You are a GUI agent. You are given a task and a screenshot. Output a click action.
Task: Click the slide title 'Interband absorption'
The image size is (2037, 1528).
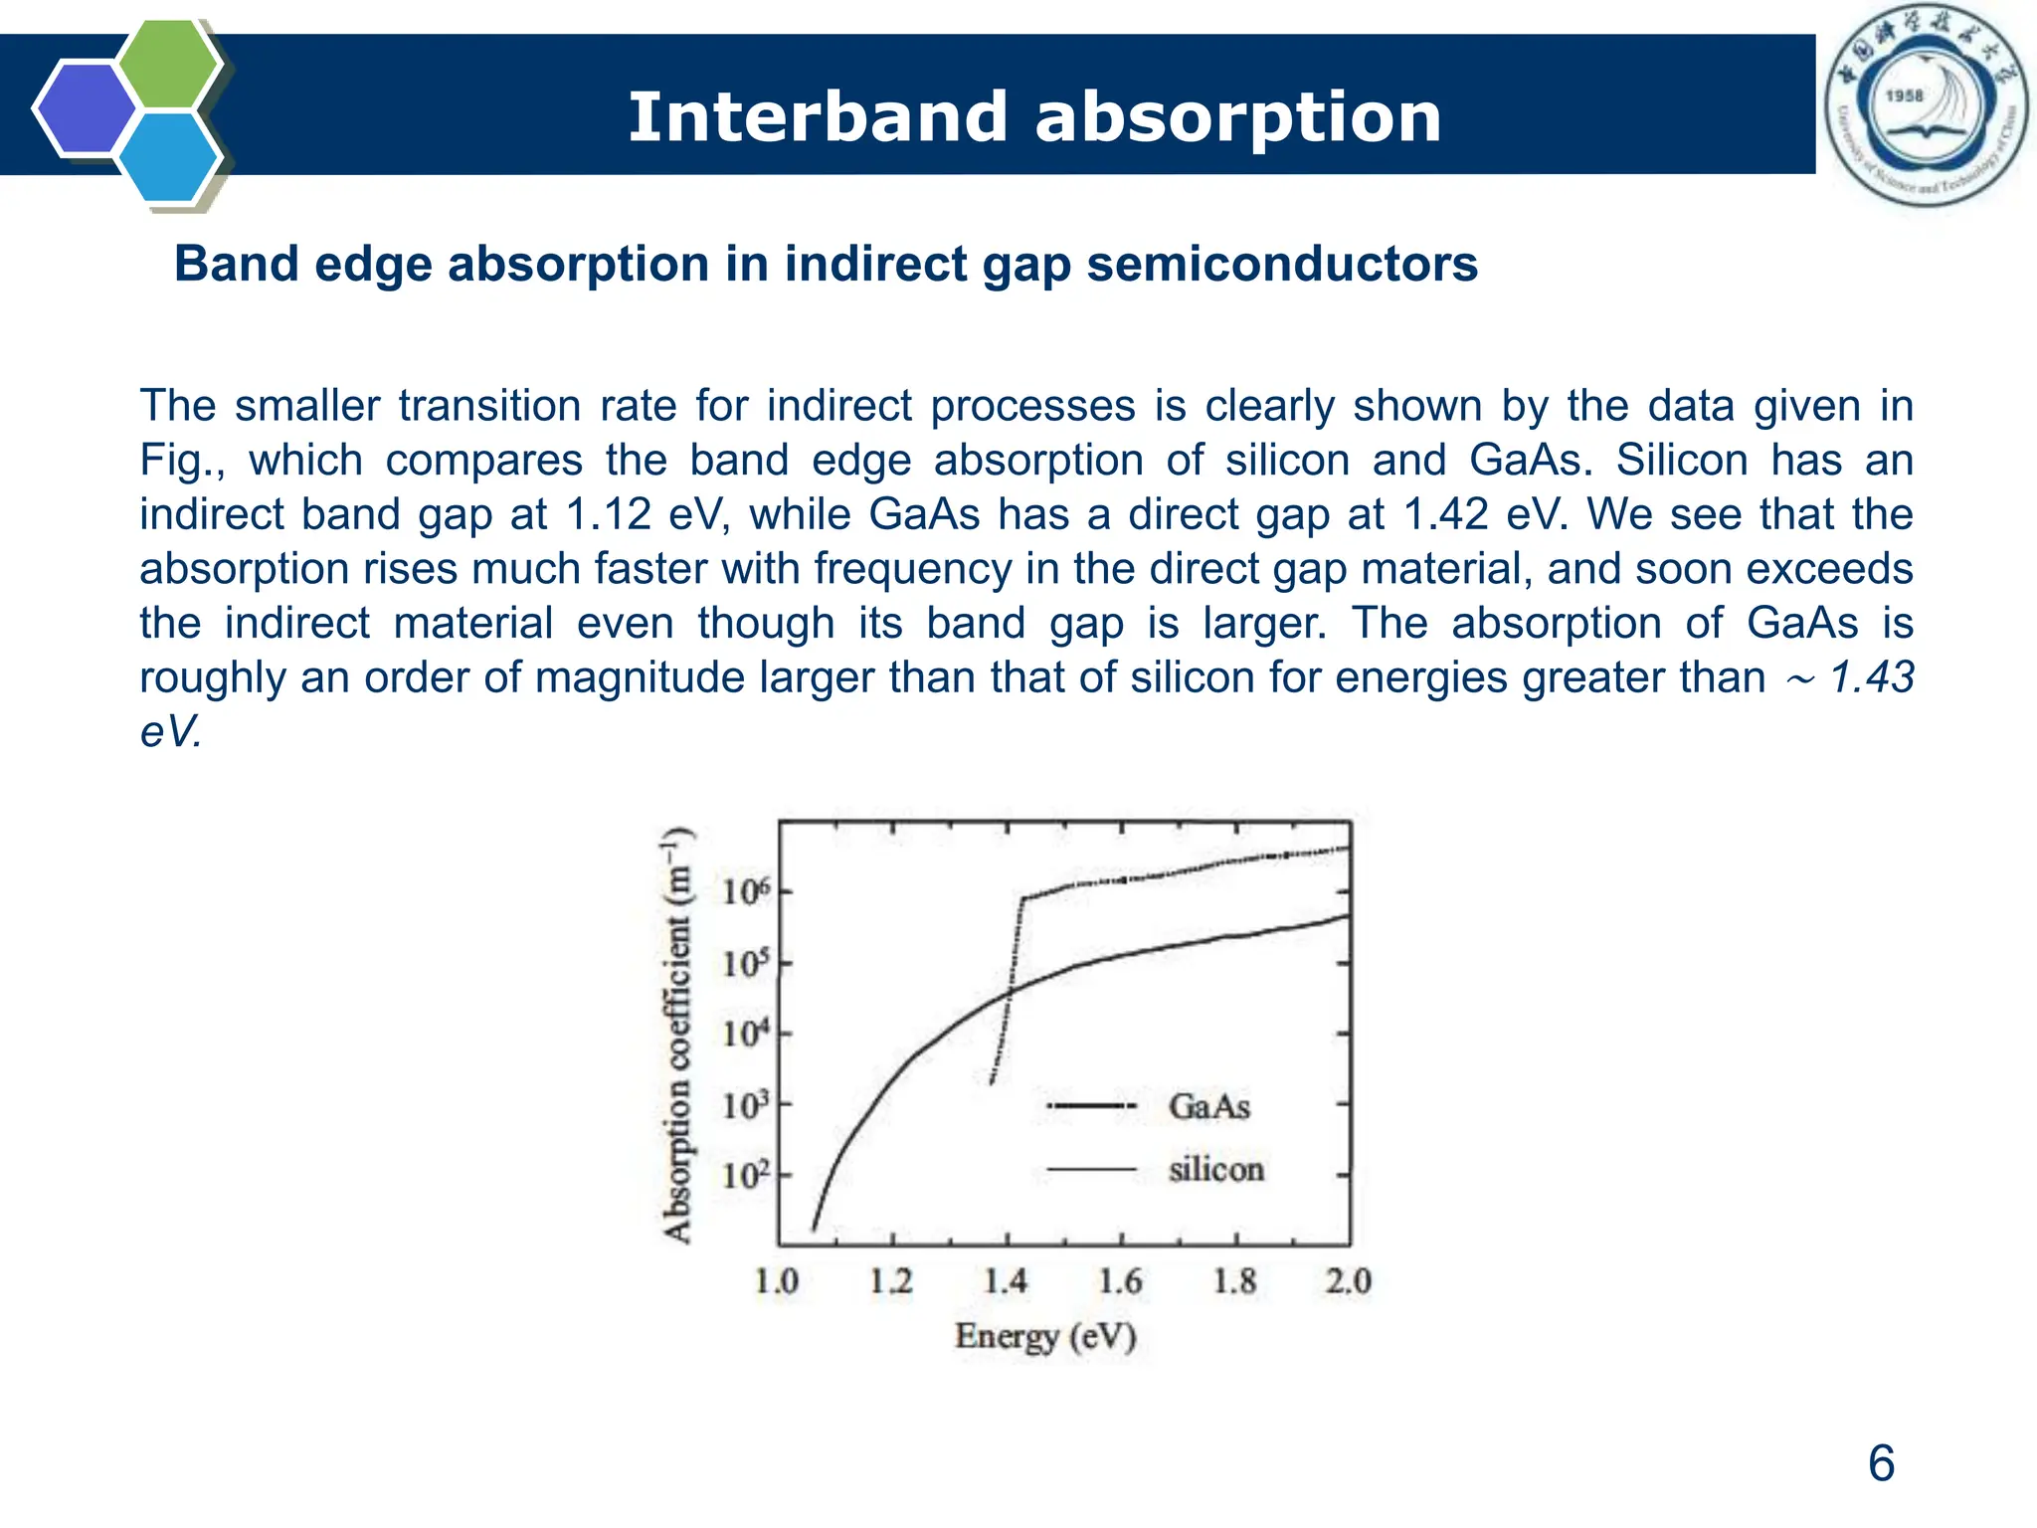pos(1034,116)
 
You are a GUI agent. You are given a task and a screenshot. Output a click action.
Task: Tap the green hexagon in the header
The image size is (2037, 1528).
pos(168,63)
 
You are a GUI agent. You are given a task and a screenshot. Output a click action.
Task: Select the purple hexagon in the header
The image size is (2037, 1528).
pos(84,108)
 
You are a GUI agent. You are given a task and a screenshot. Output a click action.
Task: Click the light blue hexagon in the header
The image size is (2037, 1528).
pos(168,157)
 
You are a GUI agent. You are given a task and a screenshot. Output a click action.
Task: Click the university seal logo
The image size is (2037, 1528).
pos(1926,105)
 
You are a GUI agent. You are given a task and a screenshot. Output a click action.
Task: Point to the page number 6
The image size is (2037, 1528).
pos(1881,1463)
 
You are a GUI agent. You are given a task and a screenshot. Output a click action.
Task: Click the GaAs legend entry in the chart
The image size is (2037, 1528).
pos(1208,1106)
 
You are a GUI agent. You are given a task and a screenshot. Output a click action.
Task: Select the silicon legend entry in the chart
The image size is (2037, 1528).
pos(1215,1169)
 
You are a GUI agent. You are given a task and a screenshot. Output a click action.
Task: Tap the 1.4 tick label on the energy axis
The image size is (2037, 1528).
pos(1005,1281)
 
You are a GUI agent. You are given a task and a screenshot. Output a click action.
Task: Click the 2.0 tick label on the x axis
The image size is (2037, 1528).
pos(1348,1281)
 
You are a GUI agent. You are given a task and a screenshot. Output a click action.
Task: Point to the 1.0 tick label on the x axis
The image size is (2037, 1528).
pos(776,1281)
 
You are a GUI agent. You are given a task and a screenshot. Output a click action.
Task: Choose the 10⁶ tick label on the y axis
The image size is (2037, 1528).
pos(746,891)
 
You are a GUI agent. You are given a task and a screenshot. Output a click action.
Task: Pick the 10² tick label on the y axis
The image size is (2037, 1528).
pos(746,1176)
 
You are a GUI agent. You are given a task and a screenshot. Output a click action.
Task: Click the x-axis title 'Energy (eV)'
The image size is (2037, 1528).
pos(1045,1336)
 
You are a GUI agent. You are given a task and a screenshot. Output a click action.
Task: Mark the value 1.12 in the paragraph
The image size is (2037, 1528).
pos(608,514)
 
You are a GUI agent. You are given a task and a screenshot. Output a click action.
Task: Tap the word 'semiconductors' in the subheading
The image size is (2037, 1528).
pos(1282,265)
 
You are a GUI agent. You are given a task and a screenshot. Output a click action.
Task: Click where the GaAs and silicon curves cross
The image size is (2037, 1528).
pos(1011,991)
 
